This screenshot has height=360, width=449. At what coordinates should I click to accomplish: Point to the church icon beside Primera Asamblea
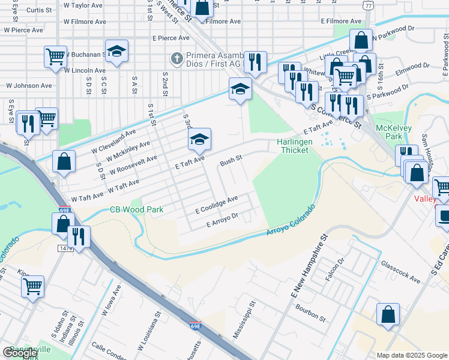point(176,59)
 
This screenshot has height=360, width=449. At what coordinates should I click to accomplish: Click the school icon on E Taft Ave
point(199,140)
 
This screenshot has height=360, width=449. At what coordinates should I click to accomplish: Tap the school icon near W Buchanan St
point(117,52)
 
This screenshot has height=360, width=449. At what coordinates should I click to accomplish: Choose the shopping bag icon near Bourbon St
point(388,314)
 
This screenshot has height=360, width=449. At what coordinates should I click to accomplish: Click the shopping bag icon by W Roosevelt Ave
point(64,161)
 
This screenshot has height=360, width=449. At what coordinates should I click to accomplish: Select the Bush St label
point(231,161)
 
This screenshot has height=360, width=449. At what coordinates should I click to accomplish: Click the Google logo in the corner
point(20,353)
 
